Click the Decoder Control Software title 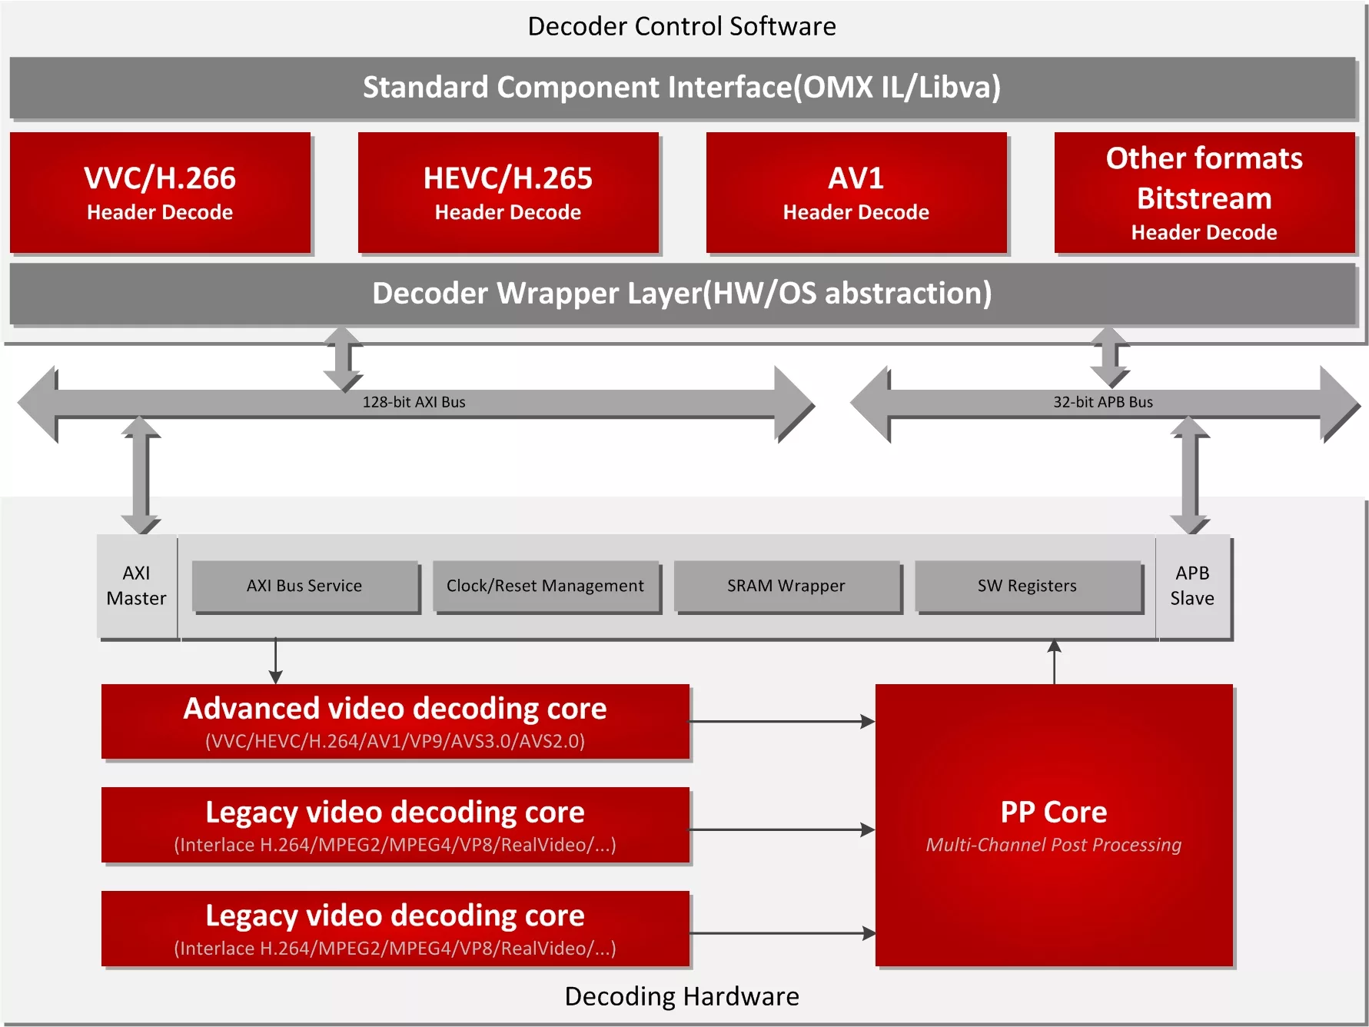[681, 26]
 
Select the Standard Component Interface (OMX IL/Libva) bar [681, 87]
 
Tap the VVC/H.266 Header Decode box [160, 192]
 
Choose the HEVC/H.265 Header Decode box [508, 192]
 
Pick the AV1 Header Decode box [856, 192]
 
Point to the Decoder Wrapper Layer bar [681, 294]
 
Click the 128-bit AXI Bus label [414, 402]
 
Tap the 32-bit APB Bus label [1102, 402]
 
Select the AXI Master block [137, 586]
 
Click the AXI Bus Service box [304, 586]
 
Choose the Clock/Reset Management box [545, 586]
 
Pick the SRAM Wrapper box [786, 586]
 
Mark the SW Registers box [1027, 586]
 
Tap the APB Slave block [1192, 586]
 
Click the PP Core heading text [1054, 812]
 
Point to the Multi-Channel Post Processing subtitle [1054, 845]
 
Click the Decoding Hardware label [681, 996]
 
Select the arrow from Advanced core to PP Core [782, 722]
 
